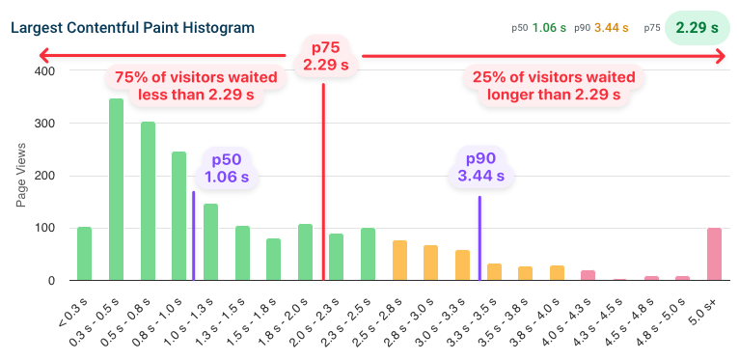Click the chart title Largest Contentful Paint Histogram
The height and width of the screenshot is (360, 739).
click(x=133, y=27)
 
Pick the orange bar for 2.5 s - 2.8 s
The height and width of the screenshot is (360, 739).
click(x=399, y=261)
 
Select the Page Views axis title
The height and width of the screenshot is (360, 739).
click(x=21, y=176)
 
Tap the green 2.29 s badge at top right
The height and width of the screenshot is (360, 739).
click(x=697, y=28)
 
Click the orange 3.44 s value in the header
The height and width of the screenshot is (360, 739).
click(x=612, y=28)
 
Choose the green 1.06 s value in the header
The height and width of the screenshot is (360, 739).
click(x=549, y=28)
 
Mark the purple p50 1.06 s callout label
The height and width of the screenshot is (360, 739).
click(x=227, y=168)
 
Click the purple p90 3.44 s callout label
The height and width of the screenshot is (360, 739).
click(x=480, y=168)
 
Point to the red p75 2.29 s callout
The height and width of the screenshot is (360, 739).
click(x=325, y=56)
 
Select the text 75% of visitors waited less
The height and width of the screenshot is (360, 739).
click(x=196, y=85)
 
